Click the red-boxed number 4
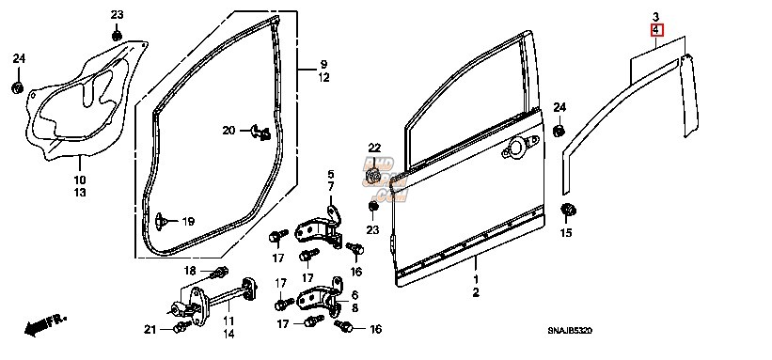655,31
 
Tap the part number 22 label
374,149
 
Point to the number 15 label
566,232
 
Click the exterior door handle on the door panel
516,149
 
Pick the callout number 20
229,131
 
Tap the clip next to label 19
165,220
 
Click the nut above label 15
567,210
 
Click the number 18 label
190,271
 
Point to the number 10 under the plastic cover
80,180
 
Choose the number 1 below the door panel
476,280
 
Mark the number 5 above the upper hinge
331,174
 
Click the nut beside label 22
374,175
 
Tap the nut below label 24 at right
559,129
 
